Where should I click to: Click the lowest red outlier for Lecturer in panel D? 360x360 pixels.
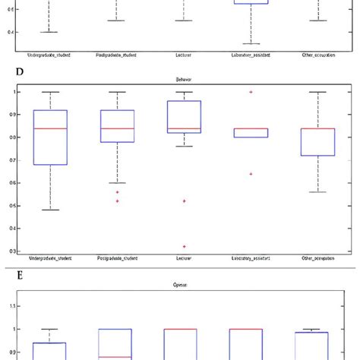coord(184,247)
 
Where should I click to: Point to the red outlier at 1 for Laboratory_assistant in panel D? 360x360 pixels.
coord(251,92)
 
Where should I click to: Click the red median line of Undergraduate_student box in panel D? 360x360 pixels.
coord(50,128)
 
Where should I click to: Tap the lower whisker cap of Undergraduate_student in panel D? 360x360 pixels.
coord(50,210)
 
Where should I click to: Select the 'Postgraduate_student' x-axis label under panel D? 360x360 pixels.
coord(117,260)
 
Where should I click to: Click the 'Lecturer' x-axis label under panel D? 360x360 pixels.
coord(184,260)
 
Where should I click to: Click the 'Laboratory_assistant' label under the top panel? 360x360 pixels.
coord(251,55)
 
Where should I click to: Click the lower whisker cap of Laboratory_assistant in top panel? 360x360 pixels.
coord(251,43)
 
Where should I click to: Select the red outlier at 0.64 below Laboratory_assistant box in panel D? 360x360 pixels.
coord(251,174)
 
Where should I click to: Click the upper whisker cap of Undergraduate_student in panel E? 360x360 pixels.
coord(50,329)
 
